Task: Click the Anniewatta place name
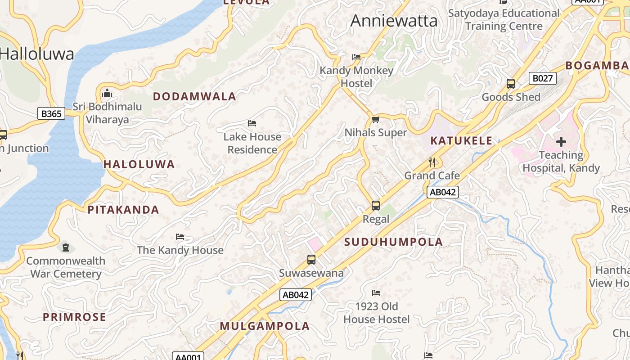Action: (x=394, y=21)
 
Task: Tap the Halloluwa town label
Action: (x=37, y=54)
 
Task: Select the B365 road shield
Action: (x=51, y=114)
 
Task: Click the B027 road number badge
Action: (x=542, y=79)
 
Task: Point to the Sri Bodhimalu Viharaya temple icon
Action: (x=107, y=94)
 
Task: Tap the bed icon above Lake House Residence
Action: (x=252, y=123)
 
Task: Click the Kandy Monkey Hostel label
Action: (x=356, y=77)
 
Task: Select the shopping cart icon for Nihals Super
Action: (x=376, y=119)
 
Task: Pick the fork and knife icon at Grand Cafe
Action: (x=432, y=162)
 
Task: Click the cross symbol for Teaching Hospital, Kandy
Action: (x=561, y=142)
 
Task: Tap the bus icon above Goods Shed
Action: (x=511, y=84)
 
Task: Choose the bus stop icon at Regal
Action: (x=376, y=206)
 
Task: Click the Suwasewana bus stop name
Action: (x=311, y=273)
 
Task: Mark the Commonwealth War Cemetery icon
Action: (x=66, y=247)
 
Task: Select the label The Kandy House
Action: (x=180, y=250)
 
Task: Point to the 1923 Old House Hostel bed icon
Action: (x=376, y=293)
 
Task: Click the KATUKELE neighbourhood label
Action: (x=461, y=141)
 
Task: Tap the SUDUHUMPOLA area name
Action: (x=394, y=242)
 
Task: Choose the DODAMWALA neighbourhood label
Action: (x=194, y=96)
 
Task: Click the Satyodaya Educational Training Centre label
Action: (x=504, y=20)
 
